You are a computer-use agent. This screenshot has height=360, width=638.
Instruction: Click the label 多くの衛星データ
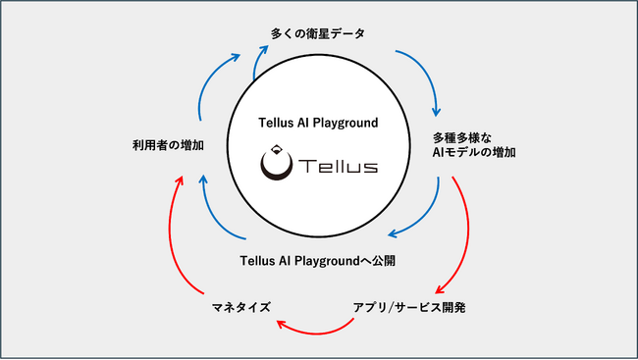pyautogui.click(x=317, y=34)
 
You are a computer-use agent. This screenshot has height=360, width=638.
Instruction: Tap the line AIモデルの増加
pyautogui.click(x=475, y=153)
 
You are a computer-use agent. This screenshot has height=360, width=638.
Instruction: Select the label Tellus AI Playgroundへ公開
pyautogui.click(x=318, y=261)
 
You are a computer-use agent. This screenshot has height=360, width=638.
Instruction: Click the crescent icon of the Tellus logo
pyautogui.click(x=275, y=168)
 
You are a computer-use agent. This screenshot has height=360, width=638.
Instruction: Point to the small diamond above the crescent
pyautogui.click(x=275, y=150)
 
